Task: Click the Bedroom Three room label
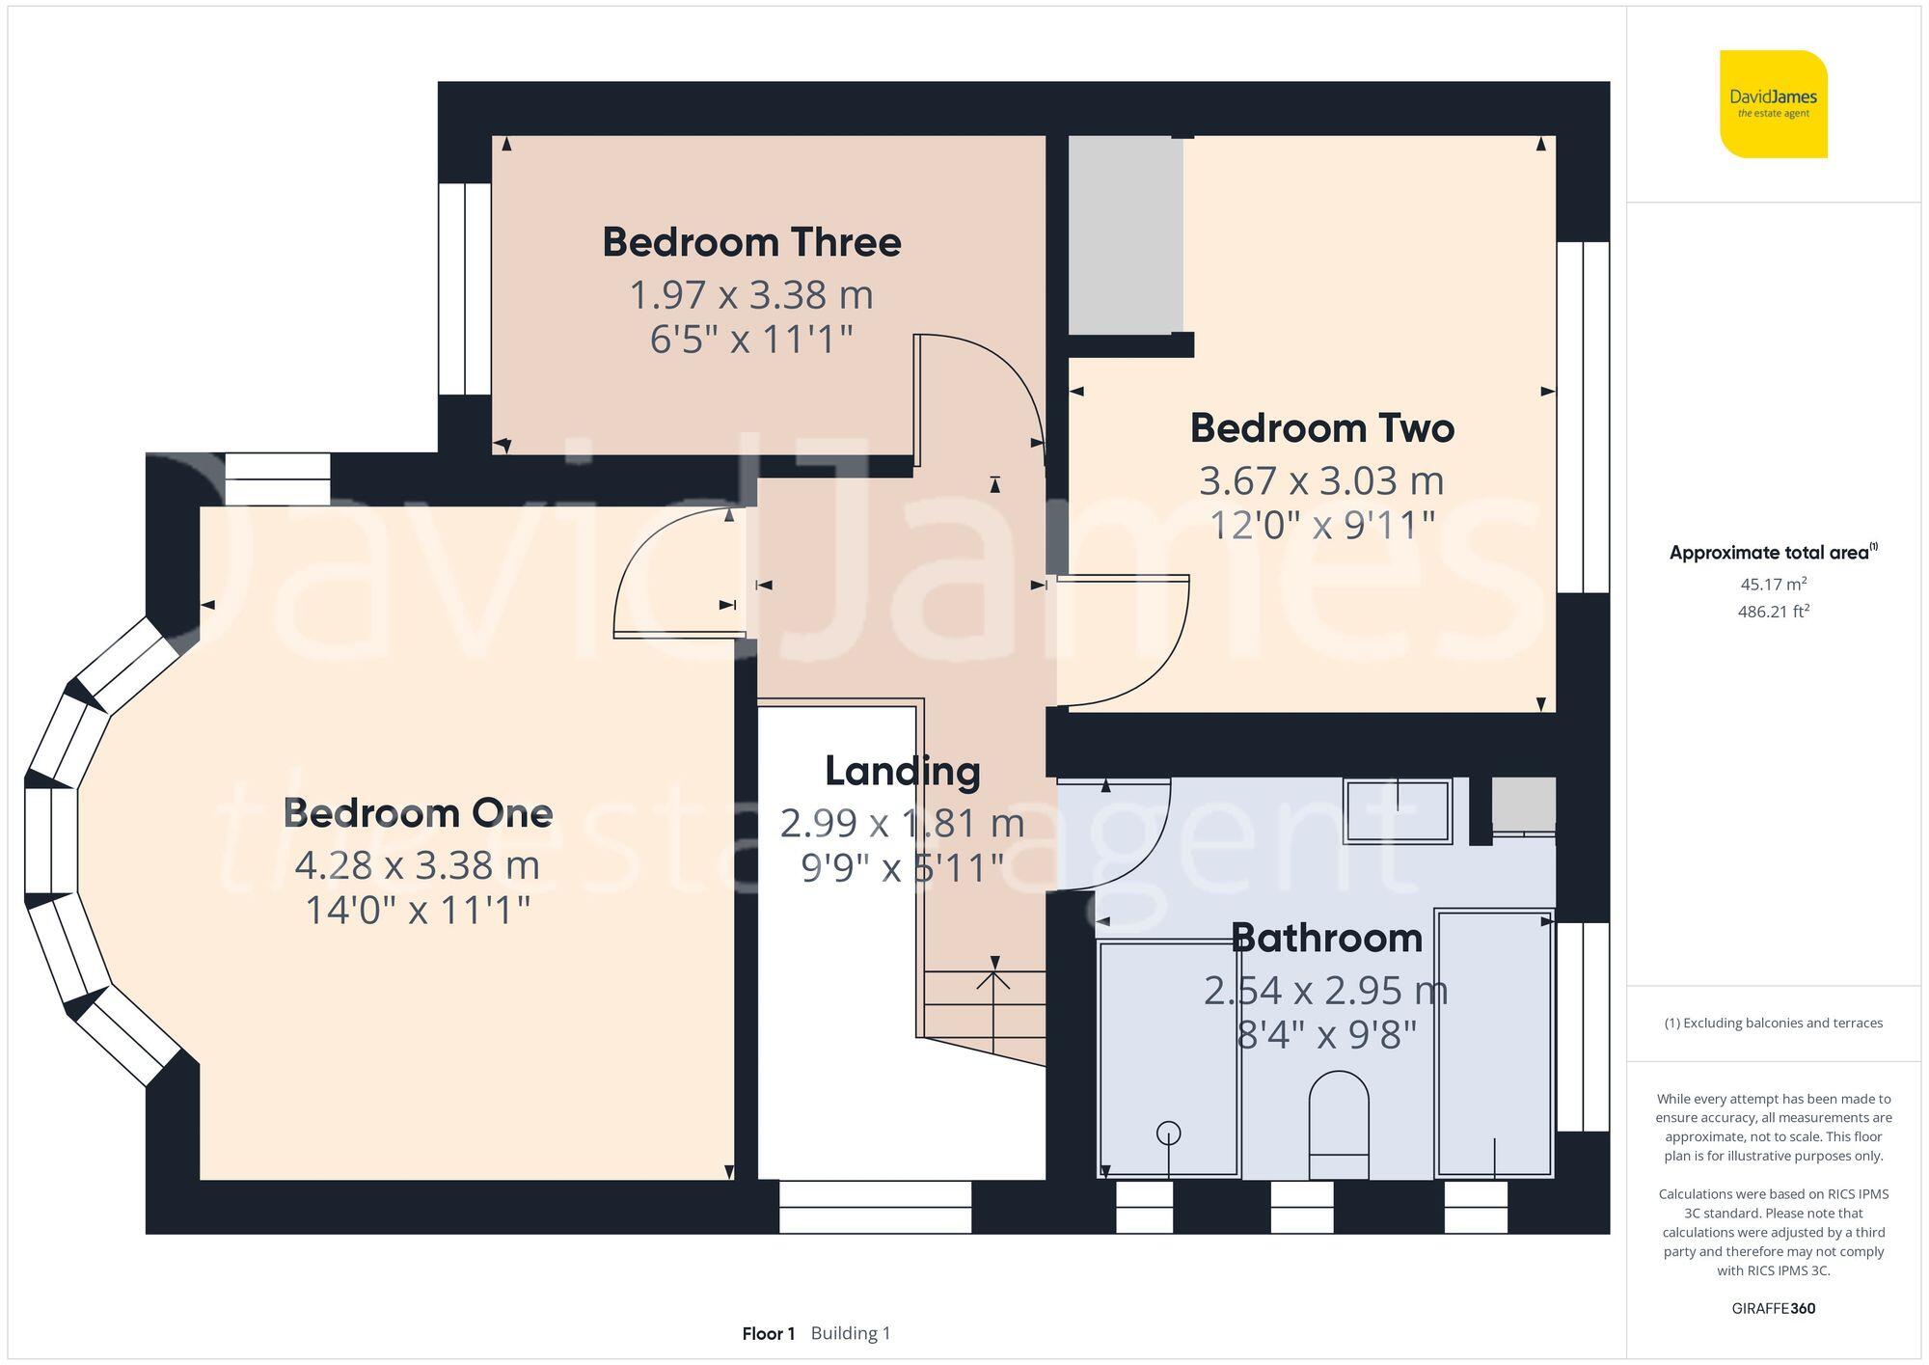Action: (751, 242)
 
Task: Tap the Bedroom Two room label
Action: (1321, 428)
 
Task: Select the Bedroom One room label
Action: (418, 813)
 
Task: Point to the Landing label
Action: (903, 771)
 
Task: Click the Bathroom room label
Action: (1326, 938)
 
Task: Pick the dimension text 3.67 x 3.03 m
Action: (1321, 480)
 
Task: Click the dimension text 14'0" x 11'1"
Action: (418, 910)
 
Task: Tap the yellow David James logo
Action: (1773, 103)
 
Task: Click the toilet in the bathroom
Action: (1339, 1124)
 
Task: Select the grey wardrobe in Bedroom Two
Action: (1126, 234)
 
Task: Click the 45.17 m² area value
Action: (1773, 584)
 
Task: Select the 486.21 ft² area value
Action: (1773, 612)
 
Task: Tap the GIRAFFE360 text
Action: (1773, 1309)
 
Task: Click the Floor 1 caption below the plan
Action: (768, 1334)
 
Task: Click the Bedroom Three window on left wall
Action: (465, 289)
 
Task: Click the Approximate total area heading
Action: (1773, 553)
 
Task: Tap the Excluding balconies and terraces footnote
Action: (1773, 1024)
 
